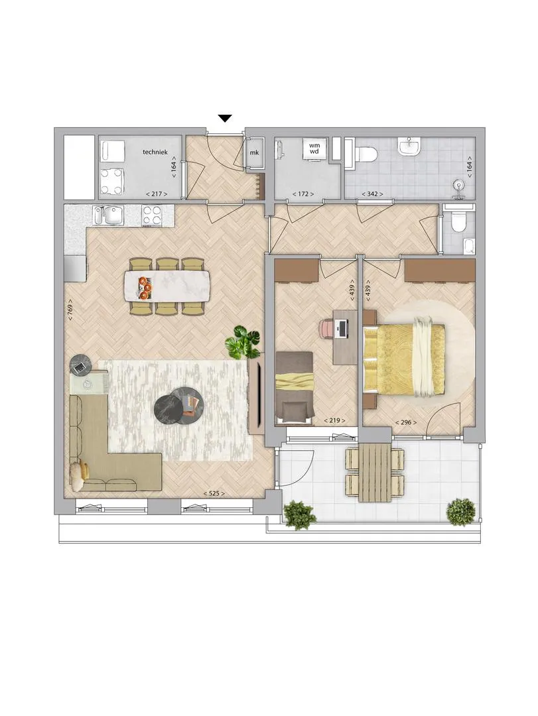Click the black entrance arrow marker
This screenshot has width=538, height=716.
point(225,119)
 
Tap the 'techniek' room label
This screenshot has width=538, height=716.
point(155,152)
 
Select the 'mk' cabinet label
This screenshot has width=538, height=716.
point(254,152)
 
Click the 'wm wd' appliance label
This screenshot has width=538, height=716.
point(314,149)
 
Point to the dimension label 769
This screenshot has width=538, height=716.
point(70,310)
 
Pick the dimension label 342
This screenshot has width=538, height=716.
point(372,194)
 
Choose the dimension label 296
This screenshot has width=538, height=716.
point(405,422)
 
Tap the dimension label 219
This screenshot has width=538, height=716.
point(334,420)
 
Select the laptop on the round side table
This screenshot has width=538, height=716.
point(80,367)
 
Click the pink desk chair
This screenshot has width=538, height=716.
point(327,329)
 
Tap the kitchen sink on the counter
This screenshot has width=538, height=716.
point(108,215)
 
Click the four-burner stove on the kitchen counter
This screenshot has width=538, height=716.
point(151,215)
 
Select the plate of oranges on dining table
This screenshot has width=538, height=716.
point(145,287)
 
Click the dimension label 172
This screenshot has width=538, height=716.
point(303,194)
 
